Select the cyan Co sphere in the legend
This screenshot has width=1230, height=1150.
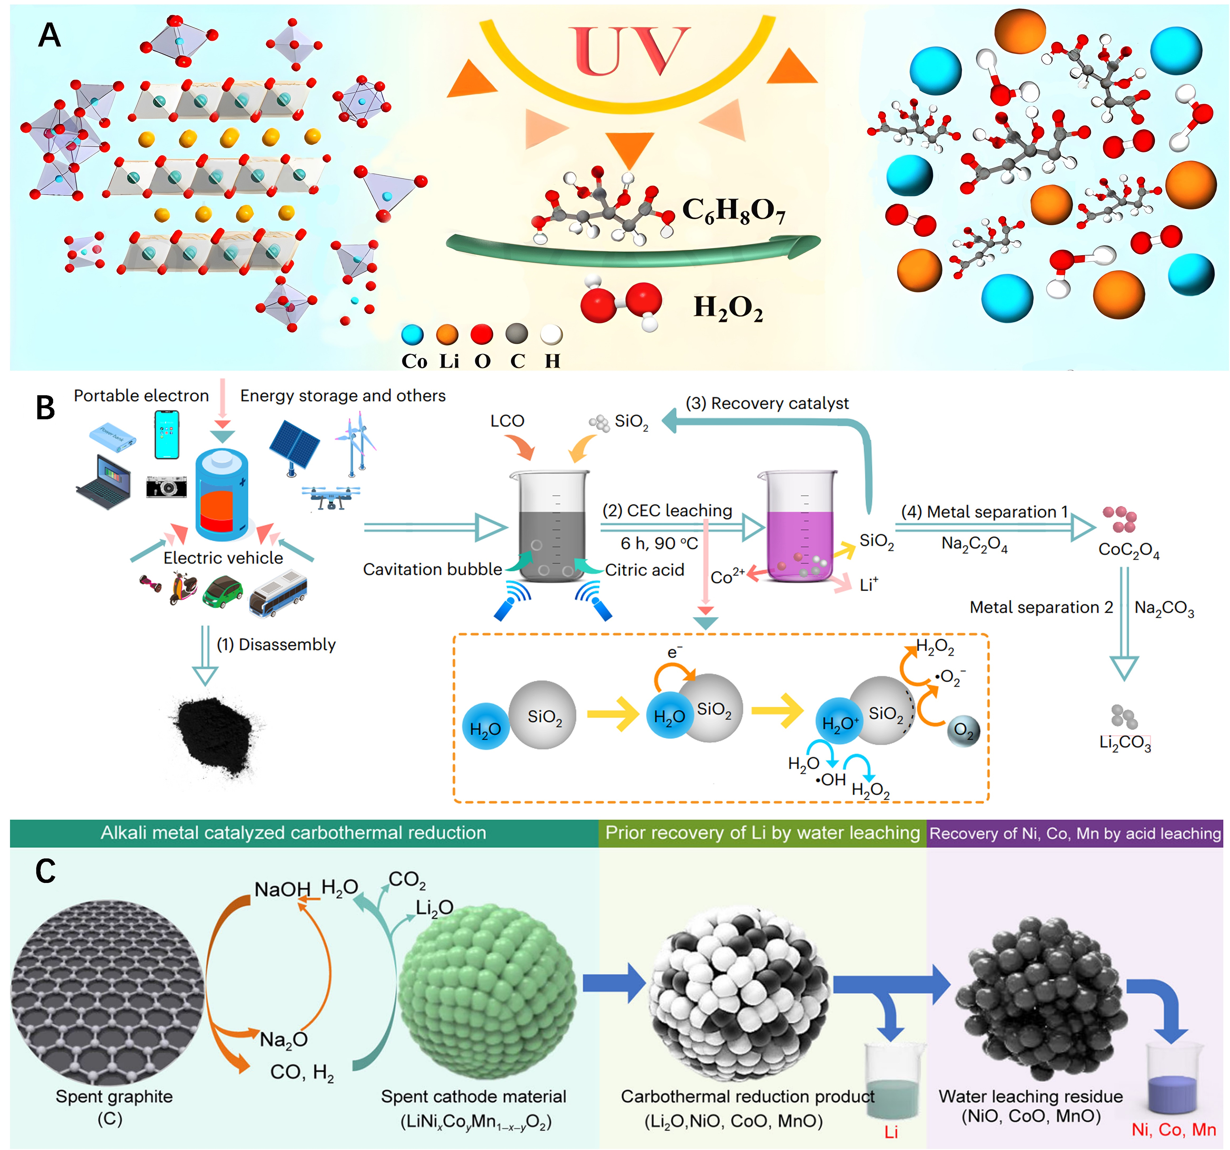tap(412, 335)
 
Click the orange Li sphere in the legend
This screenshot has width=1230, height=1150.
tap(447, 335)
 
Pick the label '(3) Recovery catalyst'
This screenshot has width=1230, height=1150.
tap(767, 404)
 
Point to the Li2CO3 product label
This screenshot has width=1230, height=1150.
tap(1125, 743)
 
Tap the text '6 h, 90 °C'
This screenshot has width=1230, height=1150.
tap(659, 543)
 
